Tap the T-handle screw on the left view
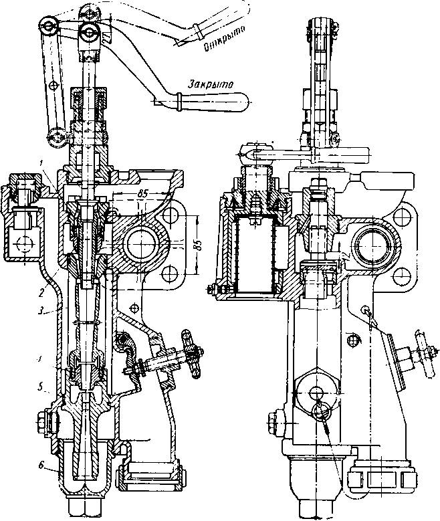click(x=191, y=354)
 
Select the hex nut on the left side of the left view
click(x=40, y=423)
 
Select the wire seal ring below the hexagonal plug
click(x=319, y=409)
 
